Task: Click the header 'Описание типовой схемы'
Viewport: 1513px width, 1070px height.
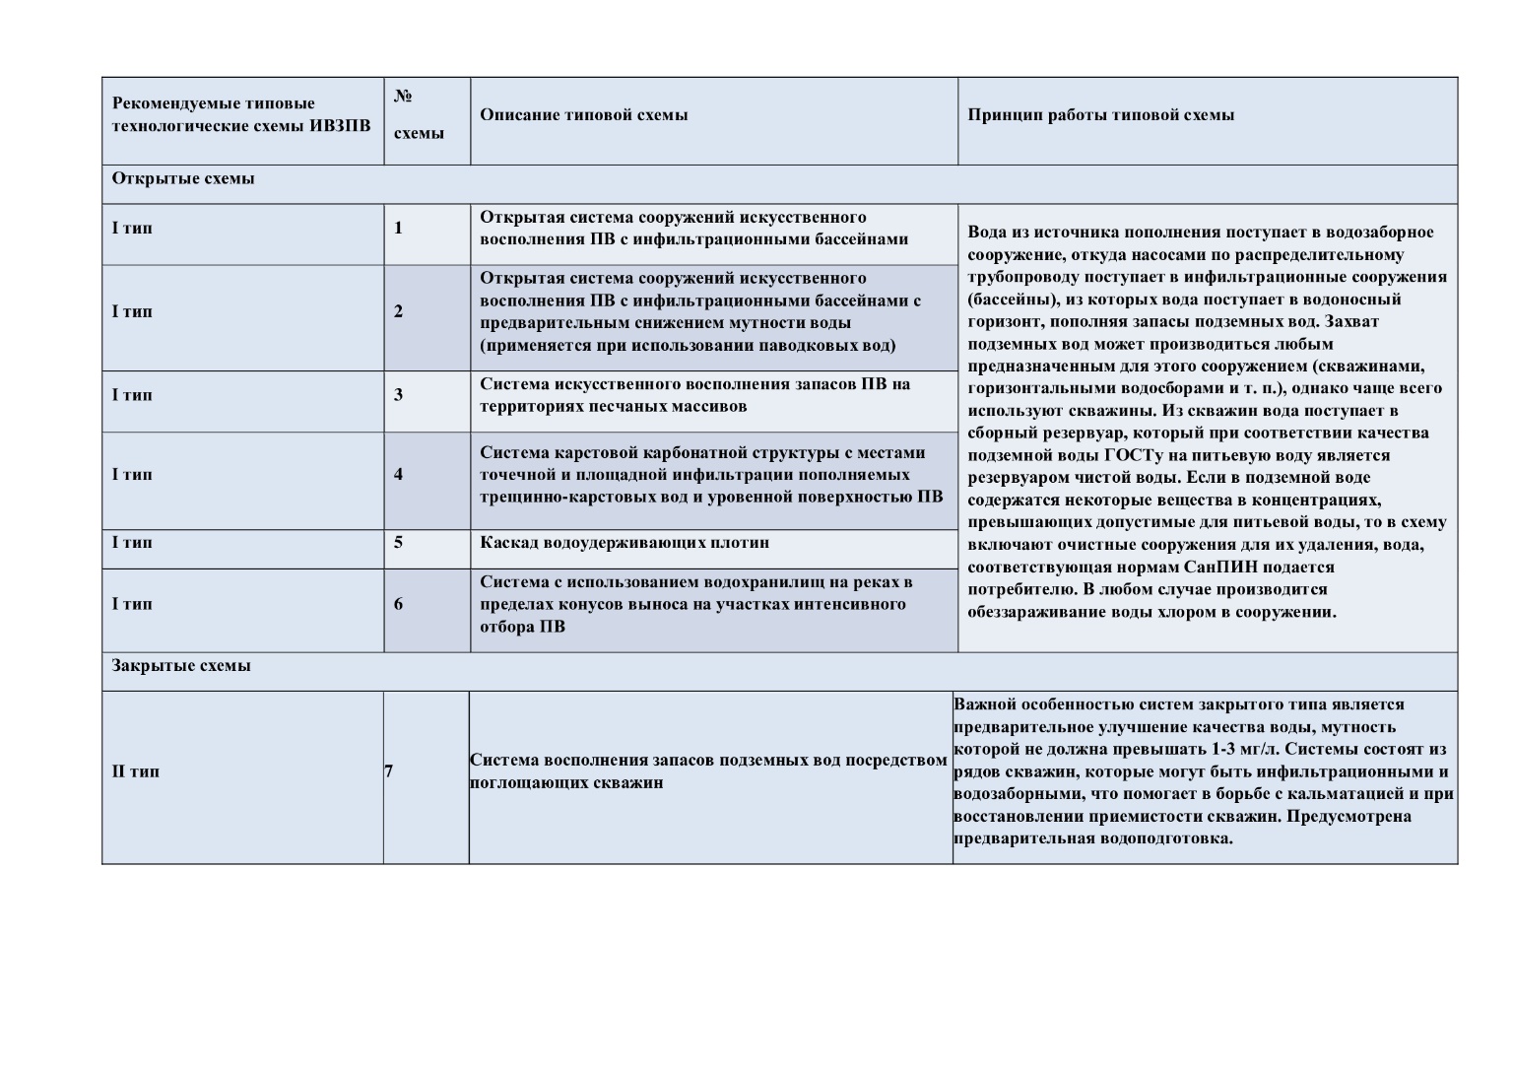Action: coord(583,114)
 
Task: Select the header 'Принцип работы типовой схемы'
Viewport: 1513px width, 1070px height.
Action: coord(1100,114)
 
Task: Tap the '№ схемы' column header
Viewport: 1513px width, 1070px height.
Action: coord(418,114)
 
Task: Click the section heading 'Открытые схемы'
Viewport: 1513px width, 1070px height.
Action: coord(183,178)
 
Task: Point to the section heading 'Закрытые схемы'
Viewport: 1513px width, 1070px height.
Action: coord(181,665)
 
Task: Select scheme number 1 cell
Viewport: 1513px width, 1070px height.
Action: coord(399,229)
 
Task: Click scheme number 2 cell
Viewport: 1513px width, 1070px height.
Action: coord(399,311)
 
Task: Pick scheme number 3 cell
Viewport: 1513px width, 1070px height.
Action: coord(399,395)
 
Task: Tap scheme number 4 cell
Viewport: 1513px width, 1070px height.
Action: coord(399,474)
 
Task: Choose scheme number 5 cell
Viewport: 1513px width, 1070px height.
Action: coord(399,543)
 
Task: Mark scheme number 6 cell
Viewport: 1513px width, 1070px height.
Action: coord(399,604)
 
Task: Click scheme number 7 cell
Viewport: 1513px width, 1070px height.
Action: coord(389,770)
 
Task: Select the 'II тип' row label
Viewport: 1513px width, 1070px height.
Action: coord(136,770)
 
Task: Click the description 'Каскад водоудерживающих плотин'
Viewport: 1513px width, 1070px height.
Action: coord(625,543)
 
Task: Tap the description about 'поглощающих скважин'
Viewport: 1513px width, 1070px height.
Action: coord(708,771)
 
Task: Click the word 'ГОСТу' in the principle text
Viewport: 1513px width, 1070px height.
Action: coord(1127,455)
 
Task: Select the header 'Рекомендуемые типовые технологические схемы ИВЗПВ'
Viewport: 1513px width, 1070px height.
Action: coord(241,114)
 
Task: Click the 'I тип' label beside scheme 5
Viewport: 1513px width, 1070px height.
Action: coord(132,543)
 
